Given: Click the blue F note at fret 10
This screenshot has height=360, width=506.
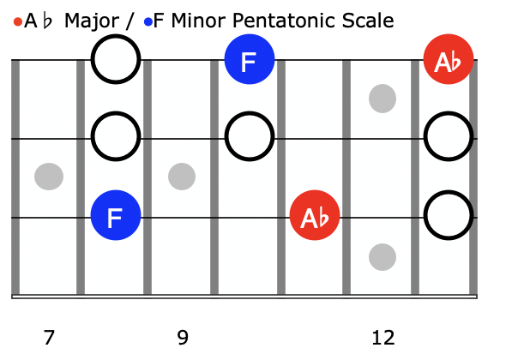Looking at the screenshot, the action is pos(250,59).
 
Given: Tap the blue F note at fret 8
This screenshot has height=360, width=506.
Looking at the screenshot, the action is pos(116,215).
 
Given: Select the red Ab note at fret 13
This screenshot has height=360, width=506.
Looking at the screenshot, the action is pos(449,59).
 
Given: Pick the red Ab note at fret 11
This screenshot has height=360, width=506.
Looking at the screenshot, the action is pos(315,215).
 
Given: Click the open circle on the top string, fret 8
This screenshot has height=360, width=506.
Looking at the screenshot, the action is pos(116,36).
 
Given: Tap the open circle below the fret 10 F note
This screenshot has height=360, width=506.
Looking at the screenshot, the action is pos(250,113).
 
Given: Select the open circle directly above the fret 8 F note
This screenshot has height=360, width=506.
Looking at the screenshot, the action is pos(116,113).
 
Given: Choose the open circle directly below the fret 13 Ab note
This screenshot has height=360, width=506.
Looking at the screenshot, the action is pos(449,113).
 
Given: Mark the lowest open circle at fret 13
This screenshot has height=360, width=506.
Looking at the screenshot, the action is pos(449,192).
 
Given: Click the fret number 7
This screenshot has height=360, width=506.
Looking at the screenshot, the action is pos(49,338).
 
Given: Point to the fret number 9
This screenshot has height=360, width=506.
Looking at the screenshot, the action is pos(183,338).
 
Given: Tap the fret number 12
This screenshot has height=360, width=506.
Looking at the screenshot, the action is pos(383,338).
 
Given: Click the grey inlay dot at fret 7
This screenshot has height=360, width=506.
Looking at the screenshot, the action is pos(49,177).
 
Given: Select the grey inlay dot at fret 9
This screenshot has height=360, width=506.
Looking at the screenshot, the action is pos(182,177).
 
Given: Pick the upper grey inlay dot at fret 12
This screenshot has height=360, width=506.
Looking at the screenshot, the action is pos(383,99).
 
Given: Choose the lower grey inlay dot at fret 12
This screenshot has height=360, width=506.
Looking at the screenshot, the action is pos(383,257).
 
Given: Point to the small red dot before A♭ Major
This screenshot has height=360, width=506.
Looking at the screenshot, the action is pos(18,22).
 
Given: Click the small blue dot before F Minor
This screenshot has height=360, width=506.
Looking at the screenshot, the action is pos(148,22).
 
